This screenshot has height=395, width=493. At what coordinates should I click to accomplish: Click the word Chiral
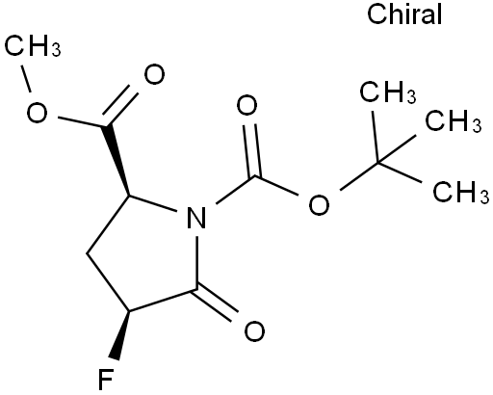[404, 14]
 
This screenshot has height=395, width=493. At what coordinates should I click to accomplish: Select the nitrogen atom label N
[196, 218]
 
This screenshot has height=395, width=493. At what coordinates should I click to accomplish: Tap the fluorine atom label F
[106, 380]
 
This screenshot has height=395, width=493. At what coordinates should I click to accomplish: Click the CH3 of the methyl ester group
[33, 46]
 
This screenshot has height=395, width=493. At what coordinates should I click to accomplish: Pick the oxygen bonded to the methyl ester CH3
[37, 113]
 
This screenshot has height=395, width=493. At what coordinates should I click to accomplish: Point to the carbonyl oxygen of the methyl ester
[154, 74]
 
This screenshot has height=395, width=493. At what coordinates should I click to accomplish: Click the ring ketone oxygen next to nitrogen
[254, 331]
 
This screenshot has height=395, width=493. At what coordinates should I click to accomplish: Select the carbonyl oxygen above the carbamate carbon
[246, 105]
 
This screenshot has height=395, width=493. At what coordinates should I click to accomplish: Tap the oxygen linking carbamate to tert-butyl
[319, 204]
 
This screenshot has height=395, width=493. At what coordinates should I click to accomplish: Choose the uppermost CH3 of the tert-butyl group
[388, 92]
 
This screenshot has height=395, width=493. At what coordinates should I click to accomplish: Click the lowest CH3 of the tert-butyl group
[461, 192]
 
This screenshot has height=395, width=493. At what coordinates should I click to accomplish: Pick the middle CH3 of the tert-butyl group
[454, 120]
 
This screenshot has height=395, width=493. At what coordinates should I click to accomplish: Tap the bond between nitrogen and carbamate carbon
[236, 190]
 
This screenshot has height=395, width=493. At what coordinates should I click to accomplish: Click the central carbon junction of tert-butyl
[377, 163]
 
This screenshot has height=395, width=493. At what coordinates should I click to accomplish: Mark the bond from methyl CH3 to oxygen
[26, 79]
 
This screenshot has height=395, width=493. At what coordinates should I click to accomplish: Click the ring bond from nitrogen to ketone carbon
[197, 262]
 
